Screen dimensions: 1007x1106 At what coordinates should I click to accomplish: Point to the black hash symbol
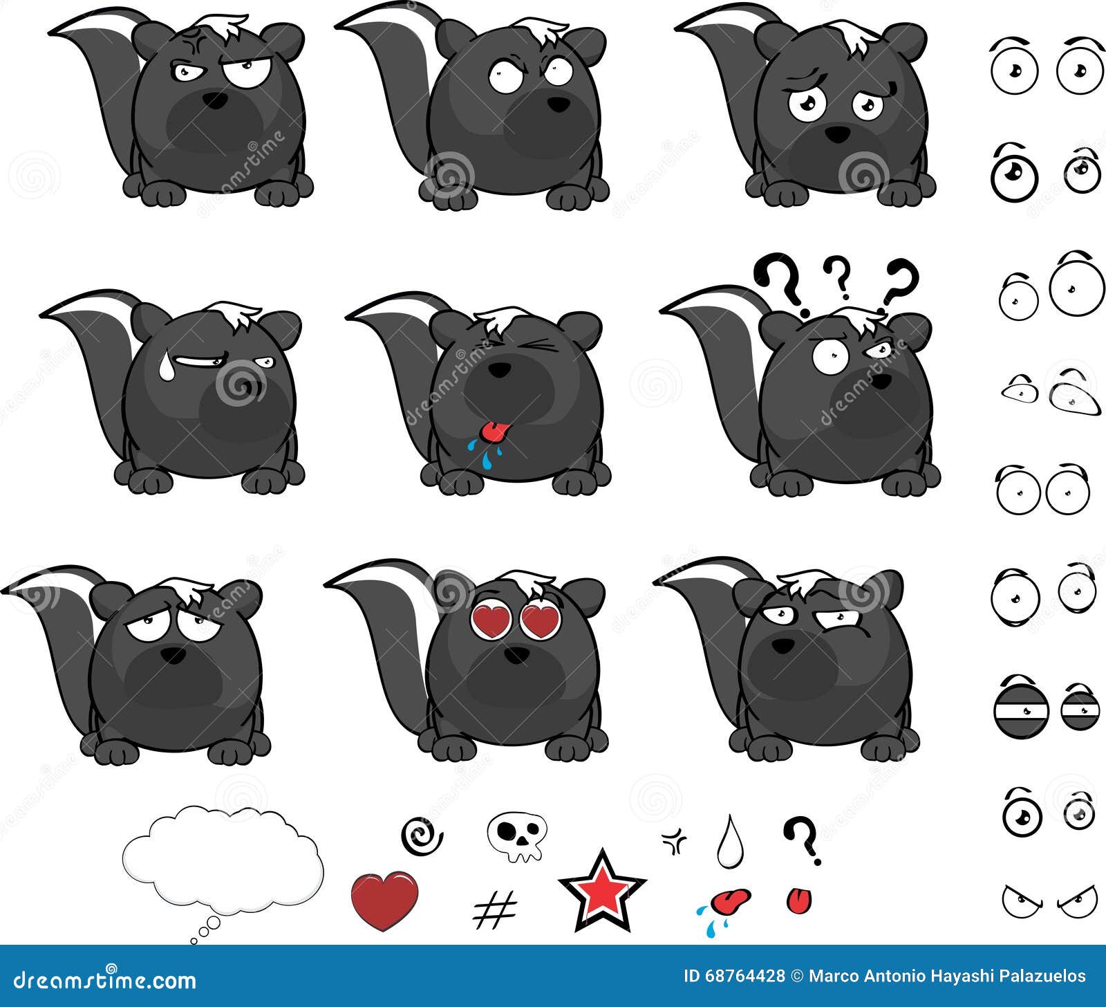click(495, 909)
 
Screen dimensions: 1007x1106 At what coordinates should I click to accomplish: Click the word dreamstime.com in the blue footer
click(99, 979)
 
